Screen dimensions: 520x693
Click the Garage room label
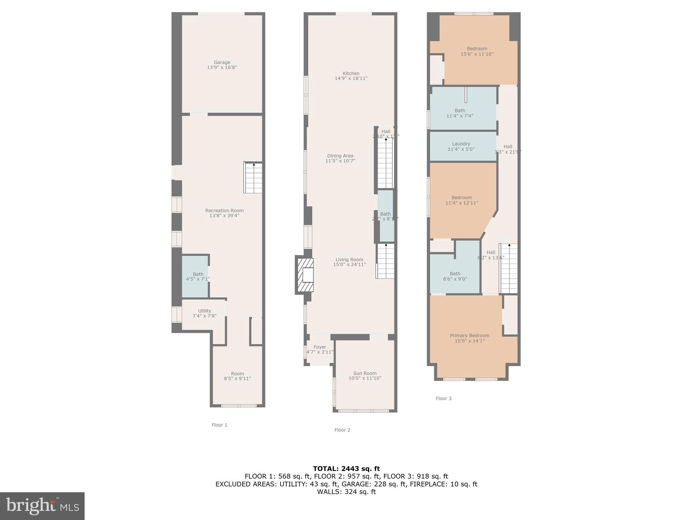(222, 63)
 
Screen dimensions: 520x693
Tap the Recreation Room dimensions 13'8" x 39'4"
(224, 216)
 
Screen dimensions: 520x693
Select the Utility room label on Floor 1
(204, 311)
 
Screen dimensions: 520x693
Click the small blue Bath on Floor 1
(196, 276)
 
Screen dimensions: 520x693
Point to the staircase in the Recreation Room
(253, 178)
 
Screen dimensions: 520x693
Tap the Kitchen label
(351, 73)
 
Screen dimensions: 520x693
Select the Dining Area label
(340, 156)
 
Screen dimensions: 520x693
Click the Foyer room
(320, 350)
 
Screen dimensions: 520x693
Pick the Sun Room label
(365, 373)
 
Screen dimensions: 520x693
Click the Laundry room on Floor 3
(461, 146)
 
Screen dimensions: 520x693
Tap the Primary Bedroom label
(469, 335)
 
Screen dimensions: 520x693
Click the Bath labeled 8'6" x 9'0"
(455, 276)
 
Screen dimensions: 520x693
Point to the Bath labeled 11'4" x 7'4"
(460, 113)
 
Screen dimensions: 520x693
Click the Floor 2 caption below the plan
(342, 430)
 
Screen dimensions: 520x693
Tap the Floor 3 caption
(443, 398)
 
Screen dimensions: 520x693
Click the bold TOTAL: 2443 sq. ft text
(346, 469)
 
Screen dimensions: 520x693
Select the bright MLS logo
(42, 506)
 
